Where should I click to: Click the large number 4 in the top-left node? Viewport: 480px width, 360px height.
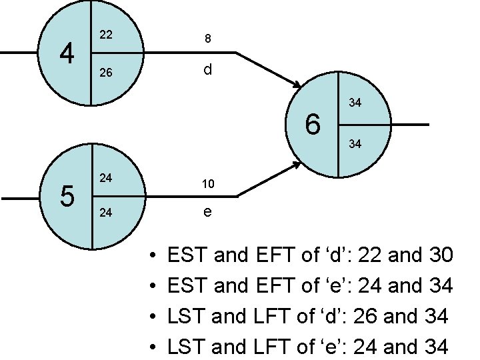66,53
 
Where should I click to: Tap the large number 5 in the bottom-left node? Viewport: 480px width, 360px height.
66,196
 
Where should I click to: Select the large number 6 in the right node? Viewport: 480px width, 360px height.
313,125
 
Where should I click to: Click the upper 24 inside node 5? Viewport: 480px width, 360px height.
105,178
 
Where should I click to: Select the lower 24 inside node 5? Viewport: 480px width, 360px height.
105,215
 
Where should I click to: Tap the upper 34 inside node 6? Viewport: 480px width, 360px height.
355,103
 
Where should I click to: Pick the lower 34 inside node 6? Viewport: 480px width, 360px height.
355,143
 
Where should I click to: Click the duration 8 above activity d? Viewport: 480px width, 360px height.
208,39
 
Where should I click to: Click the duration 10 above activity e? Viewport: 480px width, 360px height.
208,183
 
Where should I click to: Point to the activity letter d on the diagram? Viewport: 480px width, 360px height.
208,69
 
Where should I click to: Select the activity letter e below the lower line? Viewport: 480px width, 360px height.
208,213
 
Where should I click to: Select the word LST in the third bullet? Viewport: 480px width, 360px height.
187,316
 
